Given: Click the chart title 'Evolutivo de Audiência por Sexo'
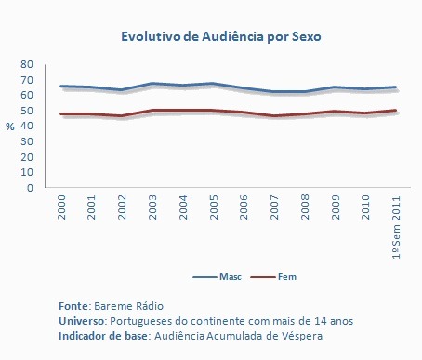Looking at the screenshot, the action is click(221, 36).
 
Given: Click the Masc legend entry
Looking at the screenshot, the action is click(217, 276).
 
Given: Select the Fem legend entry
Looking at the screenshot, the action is click(273, 276).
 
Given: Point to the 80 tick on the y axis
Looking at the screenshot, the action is click(27, 64).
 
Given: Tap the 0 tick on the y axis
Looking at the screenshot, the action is click(30, 188).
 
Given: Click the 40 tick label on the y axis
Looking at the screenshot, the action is click(27, 126).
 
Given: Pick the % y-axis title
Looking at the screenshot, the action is click(10, 127).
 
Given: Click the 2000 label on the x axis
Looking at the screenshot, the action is click(61, 207).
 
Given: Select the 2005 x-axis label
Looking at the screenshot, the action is click(214, 207).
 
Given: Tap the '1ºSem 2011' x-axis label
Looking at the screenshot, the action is click(396, 227).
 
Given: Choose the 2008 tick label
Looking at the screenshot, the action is click(305, 207).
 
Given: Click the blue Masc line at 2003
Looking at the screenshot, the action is click(152, 84).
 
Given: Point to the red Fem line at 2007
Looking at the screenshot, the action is click(274, 116).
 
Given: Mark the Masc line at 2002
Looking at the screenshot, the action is click(123, 90).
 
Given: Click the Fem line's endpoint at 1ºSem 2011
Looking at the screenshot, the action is click(395, 111).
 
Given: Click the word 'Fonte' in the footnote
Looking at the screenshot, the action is click(73, 306).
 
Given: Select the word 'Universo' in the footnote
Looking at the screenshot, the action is click(81, 321).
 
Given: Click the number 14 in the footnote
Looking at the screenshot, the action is click(321, 321).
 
